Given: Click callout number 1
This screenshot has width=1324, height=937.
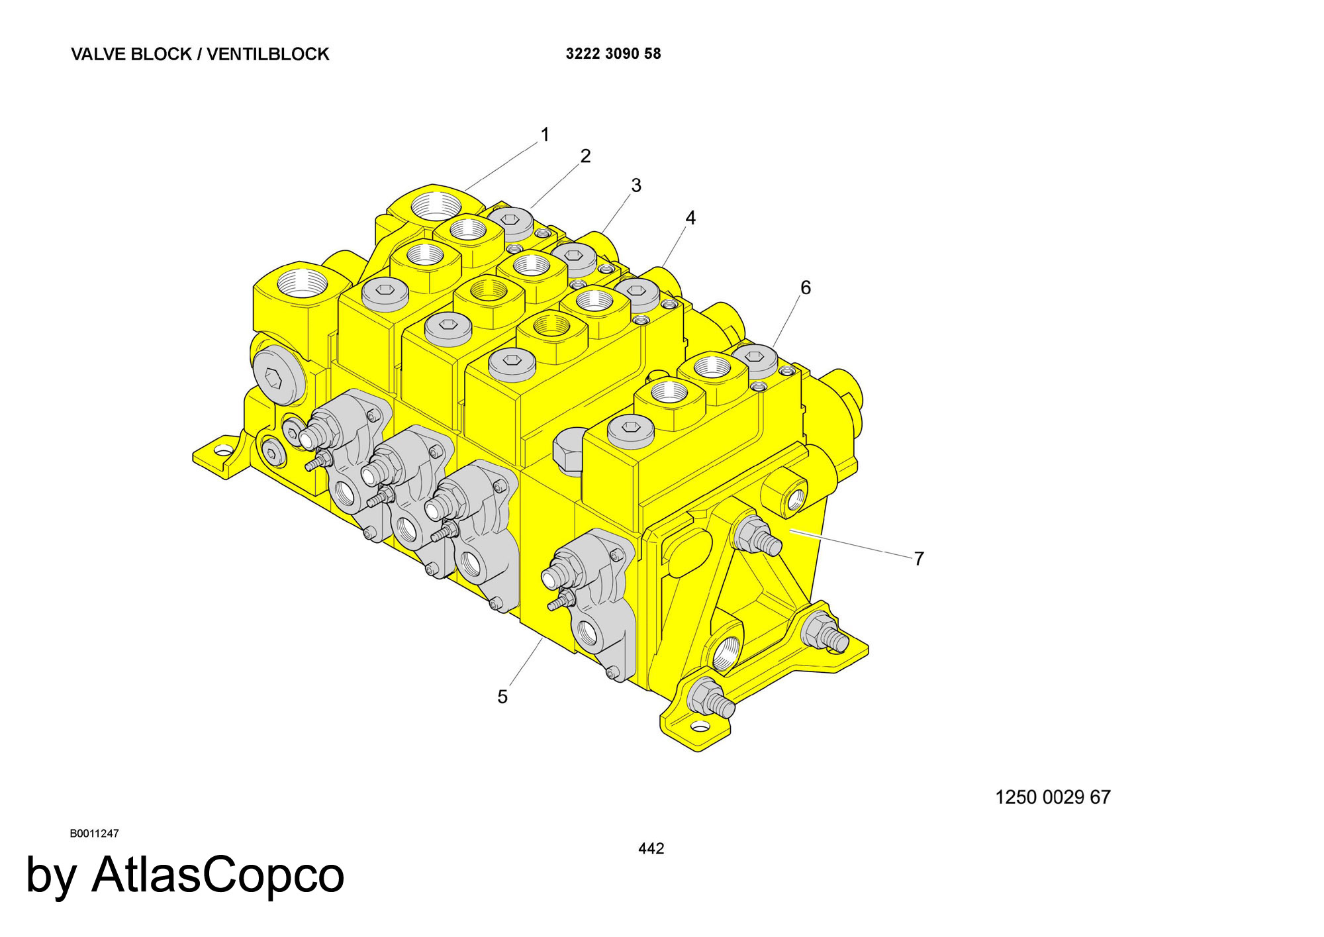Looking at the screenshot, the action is click(545, 135).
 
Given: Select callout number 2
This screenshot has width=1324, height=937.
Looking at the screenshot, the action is click(585, 156).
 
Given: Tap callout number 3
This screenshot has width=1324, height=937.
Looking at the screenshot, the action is click(636, 185).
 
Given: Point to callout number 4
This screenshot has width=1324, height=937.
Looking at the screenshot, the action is click(690, 218).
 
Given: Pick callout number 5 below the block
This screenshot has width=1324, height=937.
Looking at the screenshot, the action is click(502, 697).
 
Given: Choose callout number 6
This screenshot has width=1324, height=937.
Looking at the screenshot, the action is click(806, 287).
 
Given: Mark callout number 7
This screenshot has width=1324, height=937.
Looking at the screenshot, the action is click(919, 559).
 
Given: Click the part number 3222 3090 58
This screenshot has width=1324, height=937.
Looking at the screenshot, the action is click(613, 54).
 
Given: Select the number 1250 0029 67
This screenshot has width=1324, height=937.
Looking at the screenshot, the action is click(1053, 797).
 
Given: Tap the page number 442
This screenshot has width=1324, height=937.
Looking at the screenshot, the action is click(651, 849).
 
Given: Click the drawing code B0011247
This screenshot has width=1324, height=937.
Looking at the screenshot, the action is click(94, 834).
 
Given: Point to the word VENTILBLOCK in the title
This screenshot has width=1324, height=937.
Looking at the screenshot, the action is click(268, 54).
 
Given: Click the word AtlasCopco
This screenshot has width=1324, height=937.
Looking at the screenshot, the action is click(218, 875).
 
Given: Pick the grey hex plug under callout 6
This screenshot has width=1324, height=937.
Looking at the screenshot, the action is click(754, 359).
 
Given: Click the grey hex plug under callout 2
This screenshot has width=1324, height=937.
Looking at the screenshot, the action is click(510, 221).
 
